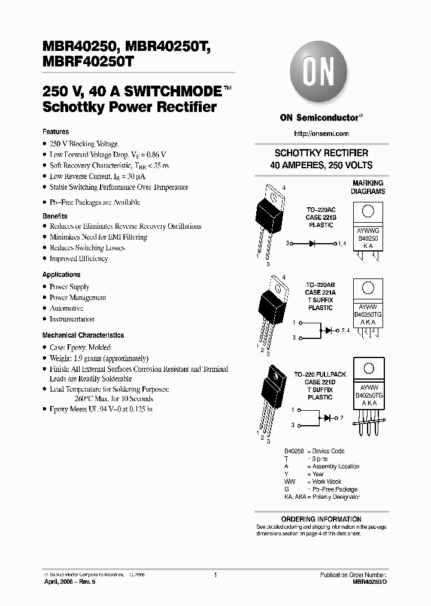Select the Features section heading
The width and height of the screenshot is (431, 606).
pyautogui.click(x=56, y=132)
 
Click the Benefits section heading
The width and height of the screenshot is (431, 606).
pyautogui.click(x=55, y=216)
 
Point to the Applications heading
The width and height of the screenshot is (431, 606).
pyautogui.click(x=62, y=274)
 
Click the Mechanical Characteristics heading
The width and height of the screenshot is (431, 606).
pyautogui.click(x=83, y=335)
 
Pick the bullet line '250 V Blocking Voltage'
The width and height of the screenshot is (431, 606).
pyautogui.click(x=84, y=144)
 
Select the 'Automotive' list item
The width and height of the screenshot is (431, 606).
pyautogui.click(x=66, y=308)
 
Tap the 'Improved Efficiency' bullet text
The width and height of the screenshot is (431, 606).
pyautogui.click(x=78, y=259)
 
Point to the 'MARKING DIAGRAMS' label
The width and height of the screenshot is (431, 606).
pyautogui.click(x=368, y=187)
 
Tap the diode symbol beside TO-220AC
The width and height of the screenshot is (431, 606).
pyautogui.click(x=312, y=244)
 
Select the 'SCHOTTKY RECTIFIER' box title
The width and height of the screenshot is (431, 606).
pyautogui.click(x=321, y=153)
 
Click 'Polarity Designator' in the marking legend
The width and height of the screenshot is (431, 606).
pyautogui.click(x=336, y=497)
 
